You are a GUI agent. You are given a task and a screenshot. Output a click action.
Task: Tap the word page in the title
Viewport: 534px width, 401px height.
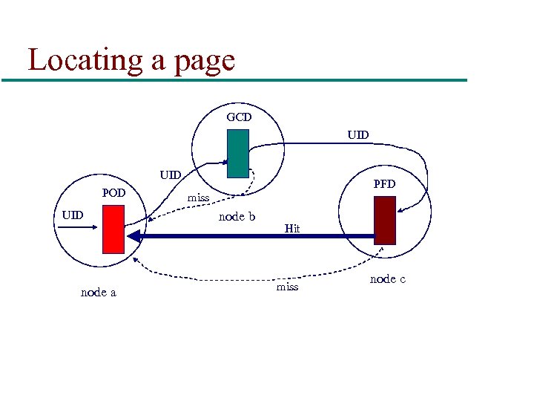(x=203, y=61)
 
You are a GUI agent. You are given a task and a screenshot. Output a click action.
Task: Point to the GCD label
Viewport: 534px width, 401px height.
(x=239, y=117)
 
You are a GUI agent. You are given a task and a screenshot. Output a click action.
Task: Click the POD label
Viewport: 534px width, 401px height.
(x=113, y=193)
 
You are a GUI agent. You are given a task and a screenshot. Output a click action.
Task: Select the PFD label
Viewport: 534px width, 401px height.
(x=384, y=183)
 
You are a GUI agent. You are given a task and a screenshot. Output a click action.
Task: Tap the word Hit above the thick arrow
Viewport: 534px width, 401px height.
(x=292, y=229)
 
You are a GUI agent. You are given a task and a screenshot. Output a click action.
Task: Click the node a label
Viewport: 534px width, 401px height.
(x=98, y=293)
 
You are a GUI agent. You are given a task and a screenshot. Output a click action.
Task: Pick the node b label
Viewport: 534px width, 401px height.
(x=237, y=217)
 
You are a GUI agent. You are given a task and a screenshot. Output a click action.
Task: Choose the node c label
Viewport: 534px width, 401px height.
(x=387, y=279)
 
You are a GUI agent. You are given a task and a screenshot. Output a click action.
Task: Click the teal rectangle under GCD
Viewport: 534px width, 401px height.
(x=238, y=154)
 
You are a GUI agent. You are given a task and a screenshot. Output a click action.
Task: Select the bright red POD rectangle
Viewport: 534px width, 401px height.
(x=113, y=229)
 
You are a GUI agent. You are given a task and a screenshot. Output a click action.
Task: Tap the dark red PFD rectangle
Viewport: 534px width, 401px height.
(x=385, y=220)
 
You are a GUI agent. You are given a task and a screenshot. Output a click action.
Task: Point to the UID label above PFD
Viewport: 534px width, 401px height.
(x=357, y=135)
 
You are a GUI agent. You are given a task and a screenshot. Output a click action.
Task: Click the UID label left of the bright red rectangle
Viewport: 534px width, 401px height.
(x=73, y=215)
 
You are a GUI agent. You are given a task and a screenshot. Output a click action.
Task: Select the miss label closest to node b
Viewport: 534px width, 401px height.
(x=198, y=198)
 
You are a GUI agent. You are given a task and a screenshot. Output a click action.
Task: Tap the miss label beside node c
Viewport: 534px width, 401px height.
(x=287, y=287)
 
